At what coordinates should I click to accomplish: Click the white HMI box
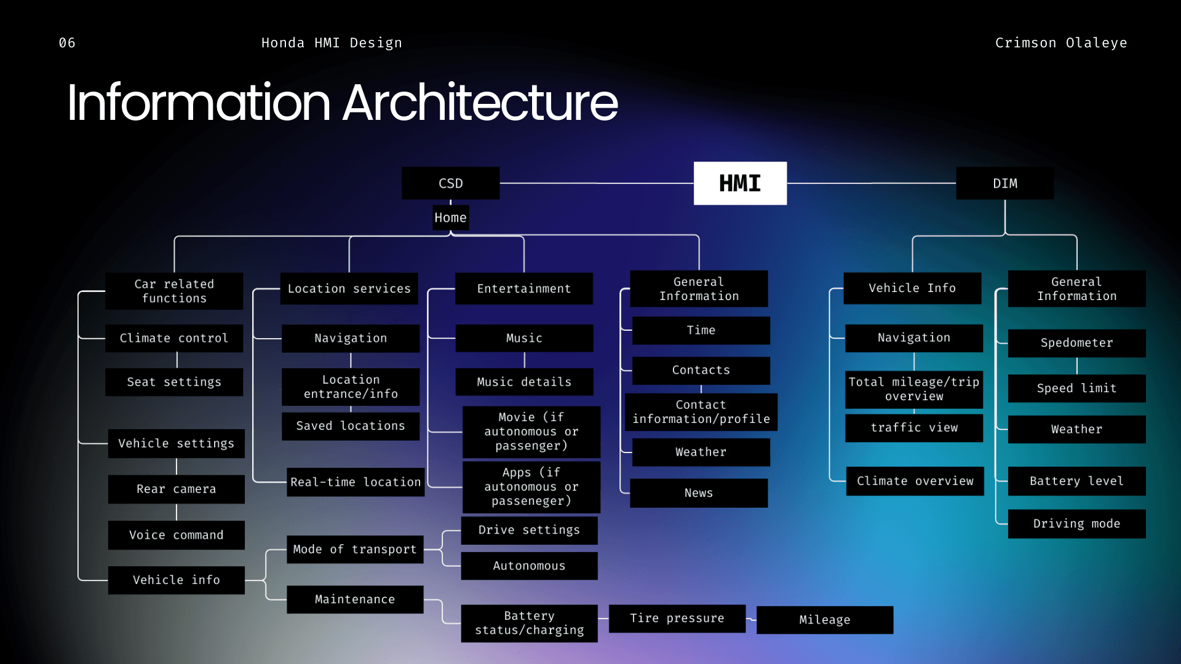tap(740, 183)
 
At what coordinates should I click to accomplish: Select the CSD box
tap(451, 183)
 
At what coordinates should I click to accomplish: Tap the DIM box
tap(1005, 183)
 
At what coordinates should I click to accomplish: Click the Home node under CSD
tap(451, 218)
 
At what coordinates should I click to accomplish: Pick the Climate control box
tap(174, 338)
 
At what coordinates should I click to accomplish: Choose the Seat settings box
tap(174, 382)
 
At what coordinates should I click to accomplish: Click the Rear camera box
tap(177, 489)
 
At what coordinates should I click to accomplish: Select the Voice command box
tap(177, 535)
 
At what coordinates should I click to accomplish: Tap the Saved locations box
tap(351, 426)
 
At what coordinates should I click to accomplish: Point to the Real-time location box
tap(356, 482)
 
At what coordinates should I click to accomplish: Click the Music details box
tap(524, 382)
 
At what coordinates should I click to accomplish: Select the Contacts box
tap(701, 370)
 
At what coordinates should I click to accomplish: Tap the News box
tap(699, 493)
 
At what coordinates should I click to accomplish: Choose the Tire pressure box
tap(677, 619)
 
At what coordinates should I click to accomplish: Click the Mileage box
tap(825, 620)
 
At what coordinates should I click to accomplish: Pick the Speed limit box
tap(1077, 389)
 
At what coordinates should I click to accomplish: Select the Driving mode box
tap(1077, 524)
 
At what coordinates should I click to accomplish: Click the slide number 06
tap(67, 43)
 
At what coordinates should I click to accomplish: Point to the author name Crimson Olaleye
tap(1061, 43)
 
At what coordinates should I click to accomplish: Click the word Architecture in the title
tap(480, 103)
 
